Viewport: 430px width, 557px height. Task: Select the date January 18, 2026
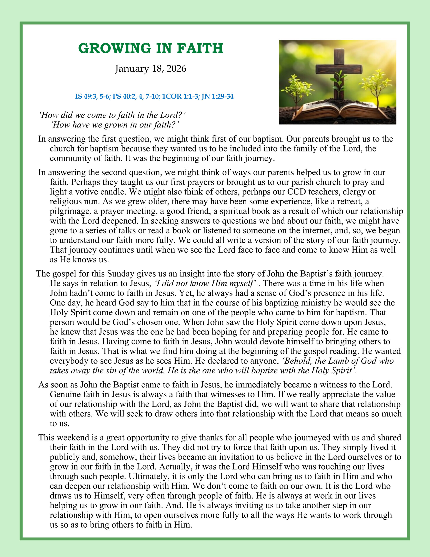(x=150, y=69)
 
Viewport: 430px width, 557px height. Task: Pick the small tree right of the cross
(x=377, y=84)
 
